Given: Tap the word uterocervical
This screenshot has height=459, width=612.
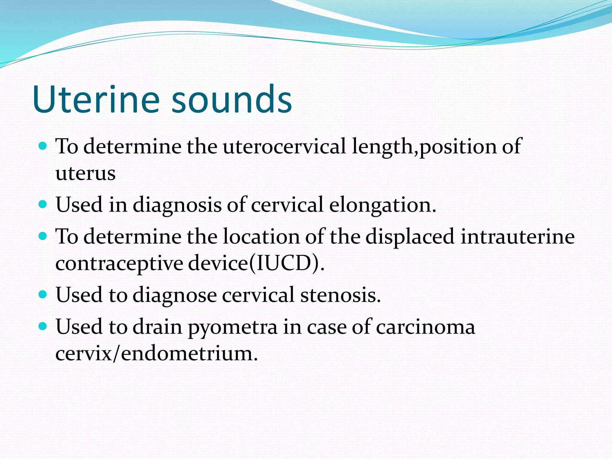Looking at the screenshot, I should click(284, 146).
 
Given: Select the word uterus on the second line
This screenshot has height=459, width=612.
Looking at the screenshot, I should click(85, 173).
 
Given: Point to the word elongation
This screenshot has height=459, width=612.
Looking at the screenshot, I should click(382, 205).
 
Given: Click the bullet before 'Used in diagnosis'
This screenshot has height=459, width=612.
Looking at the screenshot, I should click(43, 204).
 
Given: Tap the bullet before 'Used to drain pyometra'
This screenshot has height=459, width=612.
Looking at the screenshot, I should click(43, 326).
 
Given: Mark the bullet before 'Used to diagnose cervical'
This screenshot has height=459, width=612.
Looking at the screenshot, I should click(43, 294).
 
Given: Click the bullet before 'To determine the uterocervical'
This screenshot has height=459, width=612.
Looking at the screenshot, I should click(43, 146).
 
